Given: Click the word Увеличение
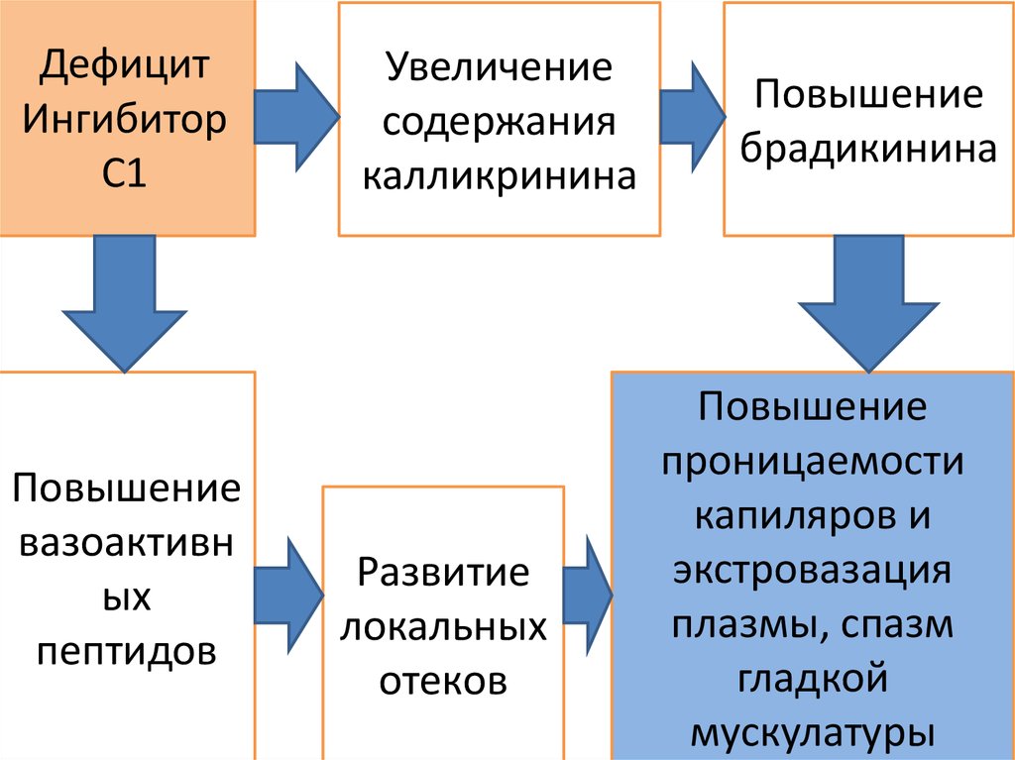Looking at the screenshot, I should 500,68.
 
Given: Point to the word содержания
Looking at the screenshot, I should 500,123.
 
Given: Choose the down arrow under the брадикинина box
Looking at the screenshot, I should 869,303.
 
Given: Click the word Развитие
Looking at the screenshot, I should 443,574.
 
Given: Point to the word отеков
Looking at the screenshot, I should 443,682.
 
